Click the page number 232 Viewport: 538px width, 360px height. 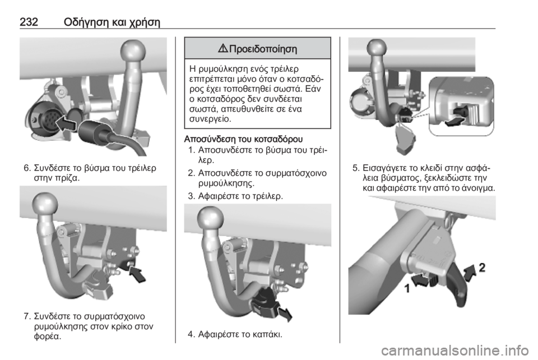29,22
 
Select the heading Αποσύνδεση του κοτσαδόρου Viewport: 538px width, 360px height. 244,139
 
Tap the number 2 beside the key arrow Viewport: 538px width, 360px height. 482,267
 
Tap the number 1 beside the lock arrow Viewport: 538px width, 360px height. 407,289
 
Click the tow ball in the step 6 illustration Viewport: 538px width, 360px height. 133,52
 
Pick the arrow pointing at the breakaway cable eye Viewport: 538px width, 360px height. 137,273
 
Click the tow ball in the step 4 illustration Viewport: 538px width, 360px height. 211,218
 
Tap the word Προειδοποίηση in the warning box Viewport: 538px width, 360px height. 263,49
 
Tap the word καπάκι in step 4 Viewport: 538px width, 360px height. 267,334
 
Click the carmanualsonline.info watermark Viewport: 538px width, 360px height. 454,350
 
